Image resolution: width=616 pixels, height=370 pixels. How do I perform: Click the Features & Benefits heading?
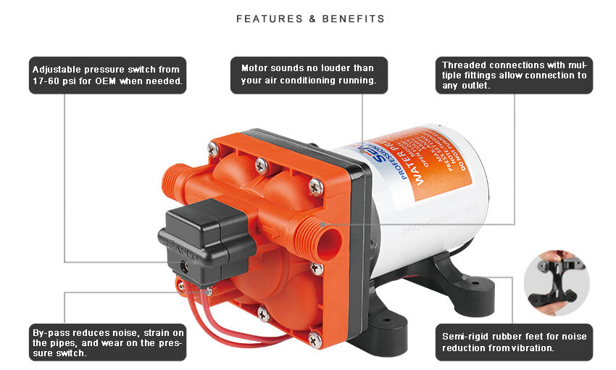(x=310, y=19)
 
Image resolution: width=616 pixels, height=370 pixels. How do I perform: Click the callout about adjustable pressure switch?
(x=108, y=75)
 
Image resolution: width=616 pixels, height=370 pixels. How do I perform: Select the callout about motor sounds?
(x=308, y=75)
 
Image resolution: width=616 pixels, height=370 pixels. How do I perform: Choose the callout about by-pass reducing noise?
(x=108, y=342)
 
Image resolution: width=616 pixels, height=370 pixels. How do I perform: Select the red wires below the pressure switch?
(x=217, y=319)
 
